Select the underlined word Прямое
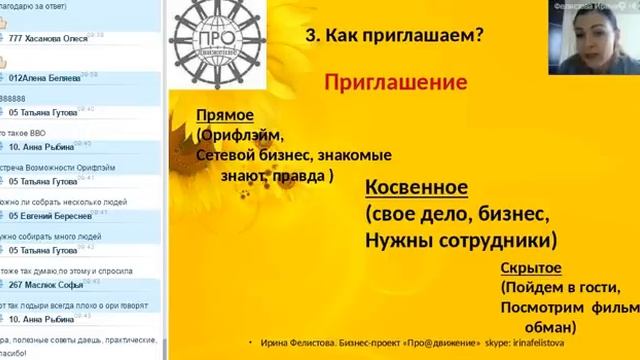[226, 117]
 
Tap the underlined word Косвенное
[418, 187]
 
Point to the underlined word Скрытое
[530, 269]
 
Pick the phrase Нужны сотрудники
[461, 240]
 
